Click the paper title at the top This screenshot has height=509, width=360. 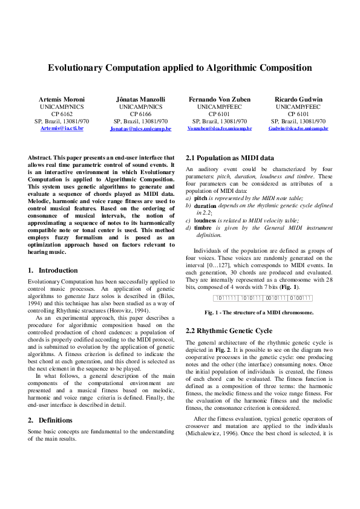[x=180, y=68]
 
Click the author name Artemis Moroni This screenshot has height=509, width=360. [x=62, y=99]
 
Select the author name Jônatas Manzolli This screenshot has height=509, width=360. [x=140, y=99]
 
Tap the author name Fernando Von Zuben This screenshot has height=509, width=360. [x=220, y=99]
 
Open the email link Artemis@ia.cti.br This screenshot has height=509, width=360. [x=62, y=129]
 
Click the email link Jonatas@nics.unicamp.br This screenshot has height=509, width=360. [x=140, y=129]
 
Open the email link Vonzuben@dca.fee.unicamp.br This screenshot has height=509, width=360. [x=220, y=129]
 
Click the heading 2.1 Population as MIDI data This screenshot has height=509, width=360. [x=230, y=157]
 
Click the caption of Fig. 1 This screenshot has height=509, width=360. [x=258, y=313]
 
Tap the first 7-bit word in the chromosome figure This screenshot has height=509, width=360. [x=226, y=298]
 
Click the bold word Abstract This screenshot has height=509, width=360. [x=40, y=157]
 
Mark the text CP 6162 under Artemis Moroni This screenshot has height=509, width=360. [x=62, y=114]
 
